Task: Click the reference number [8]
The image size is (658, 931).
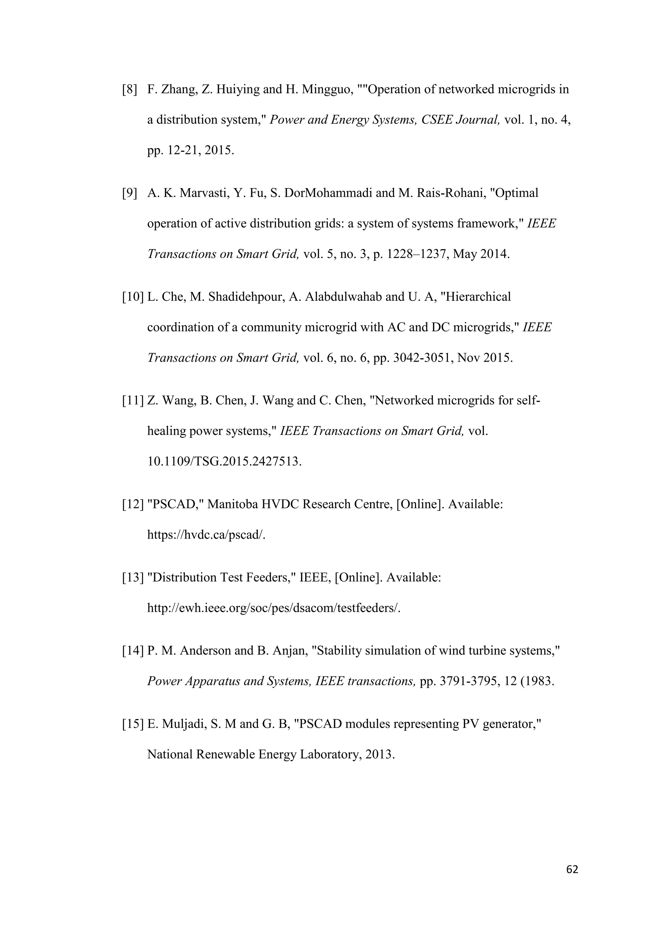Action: pos(130,89)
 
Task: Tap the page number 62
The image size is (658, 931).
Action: pos(572,869)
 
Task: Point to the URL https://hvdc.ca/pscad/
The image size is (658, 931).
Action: pos(206,535)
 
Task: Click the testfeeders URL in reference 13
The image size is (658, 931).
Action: pos(273,608)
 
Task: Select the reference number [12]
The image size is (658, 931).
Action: pos(133,504)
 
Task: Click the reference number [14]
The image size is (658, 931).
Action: pos(133,651)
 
